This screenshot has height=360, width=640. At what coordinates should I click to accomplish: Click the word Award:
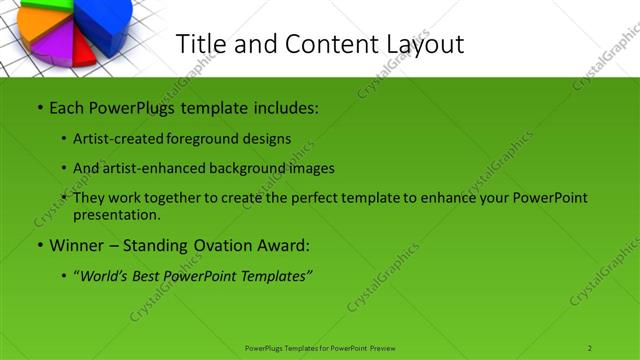[283, 245]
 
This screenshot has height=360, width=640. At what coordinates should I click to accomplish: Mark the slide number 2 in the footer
[590, 347]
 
